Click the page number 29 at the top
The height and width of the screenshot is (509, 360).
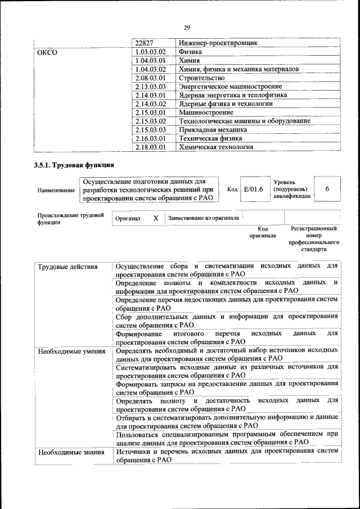pos(187,27)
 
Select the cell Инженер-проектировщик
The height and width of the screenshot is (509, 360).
pos(218,43)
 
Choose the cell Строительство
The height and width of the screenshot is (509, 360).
pos(201,78)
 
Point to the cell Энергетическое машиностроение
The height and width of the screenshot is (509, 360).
pos(230,87)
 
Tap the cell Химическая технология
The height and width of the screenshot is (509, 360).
pos(215,147)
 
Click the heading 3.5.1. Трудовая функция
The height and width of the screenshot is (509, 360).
pos(74,165)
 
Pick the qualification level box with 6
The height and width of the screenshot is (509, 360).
pos(327,190)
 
